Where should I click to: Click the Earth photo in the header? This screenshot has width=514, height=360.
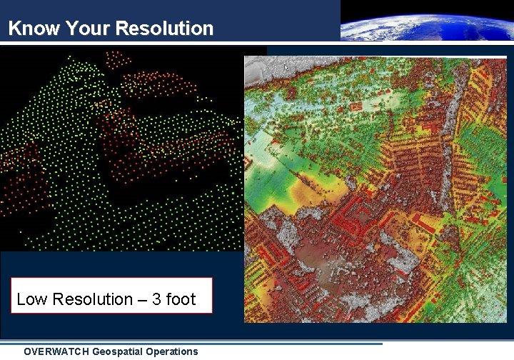426,21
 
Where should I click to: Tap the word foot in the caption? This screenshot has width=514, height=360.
181,299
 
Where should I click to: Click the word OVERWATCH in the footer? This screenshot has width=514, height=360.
56,351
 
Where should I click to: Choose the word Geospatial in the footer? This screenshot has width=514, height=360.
119,351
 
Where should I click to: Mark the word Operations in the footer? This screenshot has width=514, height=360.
173,351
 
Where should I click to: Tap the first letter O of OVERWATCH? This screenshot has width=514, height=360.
28,351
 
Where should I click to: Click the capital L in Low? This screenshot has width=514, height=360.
21,299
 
